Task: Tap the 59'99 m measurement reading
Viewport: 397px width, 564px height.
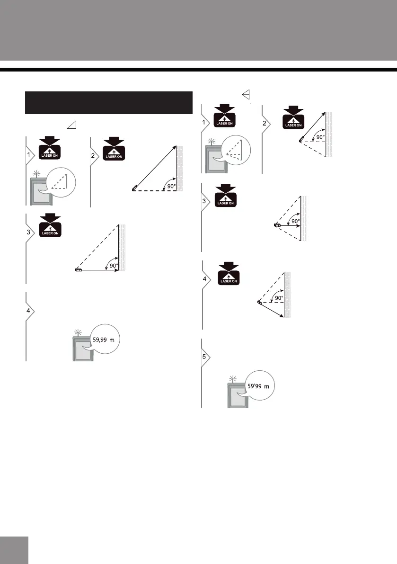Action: click(259, 386)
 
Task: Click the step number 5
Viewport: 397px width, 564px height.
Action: click(204, 357)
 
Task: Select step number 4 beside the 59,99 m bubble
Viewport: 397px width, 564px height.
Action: click(28, 311)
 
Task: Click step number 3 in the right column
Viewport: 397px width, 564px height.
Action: click(204, 201)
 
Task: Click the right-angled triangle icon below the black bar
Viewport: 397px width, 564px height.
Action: click(72, 125)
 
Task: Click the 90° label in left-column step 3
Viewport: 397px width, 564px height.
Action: click(114, 266)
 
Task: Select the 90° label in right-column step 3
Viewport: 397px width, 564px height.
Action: click(295, 221)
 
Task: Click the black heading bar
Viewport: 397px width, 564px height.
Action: click(108, 103)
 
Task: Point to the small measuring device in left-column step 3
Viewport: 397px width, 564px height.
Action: click(79, 270)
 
